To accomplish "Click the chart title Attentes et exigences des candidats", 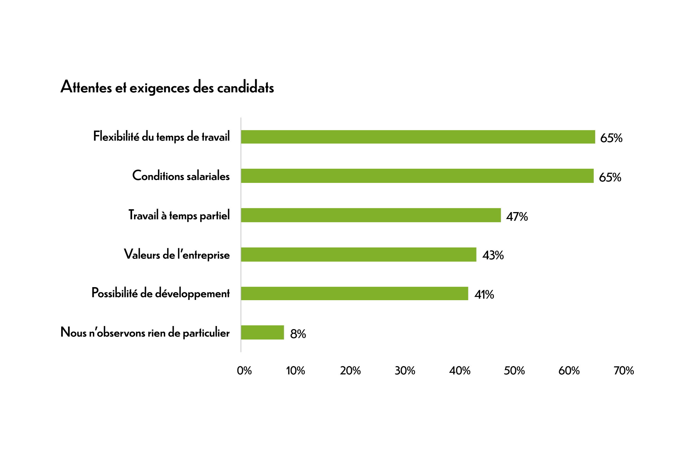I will point(167,87).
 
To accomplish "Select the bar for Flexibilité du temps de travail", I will point(418,137).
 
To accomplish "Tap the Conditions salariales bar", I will point(417,176).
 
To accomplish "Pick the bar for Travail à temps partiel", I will point(371,215).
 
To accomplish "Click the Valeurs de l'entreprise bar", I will point(359,254).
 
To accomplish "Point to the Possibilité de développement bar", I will point(354,294).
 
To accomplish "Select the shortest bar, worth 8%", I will point(262,332).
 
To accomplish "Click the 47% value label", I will point(517,217).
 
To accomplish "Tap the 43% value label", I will point(493,255).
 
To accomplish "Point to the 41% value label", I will point(484,295).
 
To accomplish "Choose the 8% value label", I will point(298,334).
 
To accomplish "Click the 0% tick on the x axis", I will point(244,371).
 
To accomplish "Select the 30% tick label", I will point(405,371).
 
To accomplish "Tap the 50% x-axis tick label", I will point(514,371).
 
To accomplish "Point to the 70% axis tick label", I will point(624,371).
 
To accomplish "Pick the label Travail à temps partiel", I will point(179,215).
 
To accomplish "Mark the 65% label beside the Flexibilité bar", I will point(611,138).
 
